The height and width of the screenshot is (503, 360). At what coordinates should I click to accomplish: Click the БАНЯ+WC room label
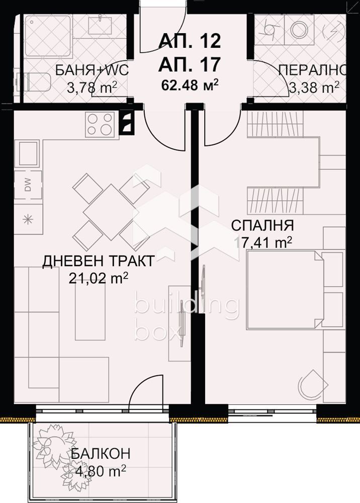92,70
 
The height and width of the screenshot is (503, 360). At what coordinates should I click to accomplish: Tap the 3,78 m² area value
92,88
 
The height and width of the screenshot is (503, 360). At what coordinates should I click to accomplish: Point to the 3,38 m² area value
314,88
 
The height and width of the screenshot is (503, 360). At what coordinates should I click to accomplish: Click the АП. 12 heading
190,40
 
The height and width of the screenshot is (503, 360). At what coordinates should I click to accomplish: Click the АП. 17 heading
190,63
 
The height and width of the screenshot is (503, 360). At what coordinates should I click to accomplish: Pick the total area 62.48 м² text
190,84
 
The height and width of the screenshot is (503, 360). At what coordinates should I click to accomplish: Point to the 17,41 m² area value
263,242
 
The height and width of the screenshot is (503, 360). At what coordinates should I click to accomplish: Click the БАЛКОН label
100,453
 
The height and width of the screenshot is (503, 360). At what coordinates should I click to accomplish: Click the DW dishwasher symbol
27,186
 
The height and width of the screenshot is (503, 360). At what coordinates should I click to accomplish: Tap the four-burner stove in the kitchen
100,124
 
